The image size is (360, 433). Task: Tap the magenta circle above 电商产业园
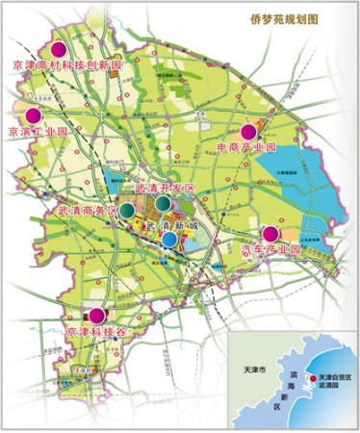pyautogui.click(x=248, y=131)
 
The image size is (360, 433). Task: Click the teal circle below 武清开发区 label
pyautogui.click(x=166, y=205)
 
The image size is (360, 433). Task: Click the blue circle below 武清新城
pyautogui.click(x=169, y=239)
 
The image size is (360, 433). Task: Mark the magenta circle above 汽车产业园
pyautogui.click(x=270, y=233)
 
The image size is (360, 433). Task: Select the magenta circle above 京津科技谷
pyautogui.click(x=97, y=315)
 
